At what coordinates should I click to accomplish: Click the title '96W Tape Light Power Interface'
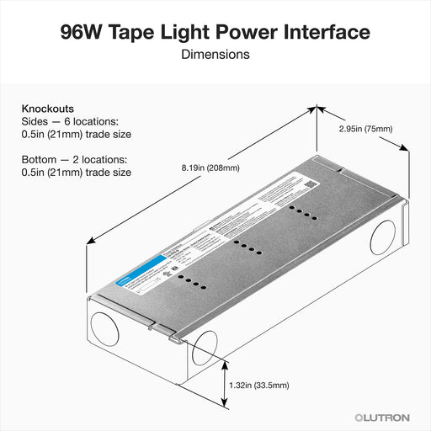[215, 32]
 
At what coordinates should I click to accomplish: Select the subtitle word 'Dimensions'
[215, 55]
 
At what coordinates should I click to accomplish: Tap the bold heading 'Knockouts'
[47, 109]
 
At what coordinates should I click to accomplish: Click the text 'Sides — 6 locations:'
[71, 121]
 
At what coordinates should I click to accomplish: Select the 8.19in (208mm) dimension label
[210, 168]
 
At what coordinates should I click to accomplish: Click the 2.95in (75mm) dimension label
[365, 129]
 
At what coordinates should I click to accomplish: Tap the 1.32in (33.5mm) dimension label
[259, 385]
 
